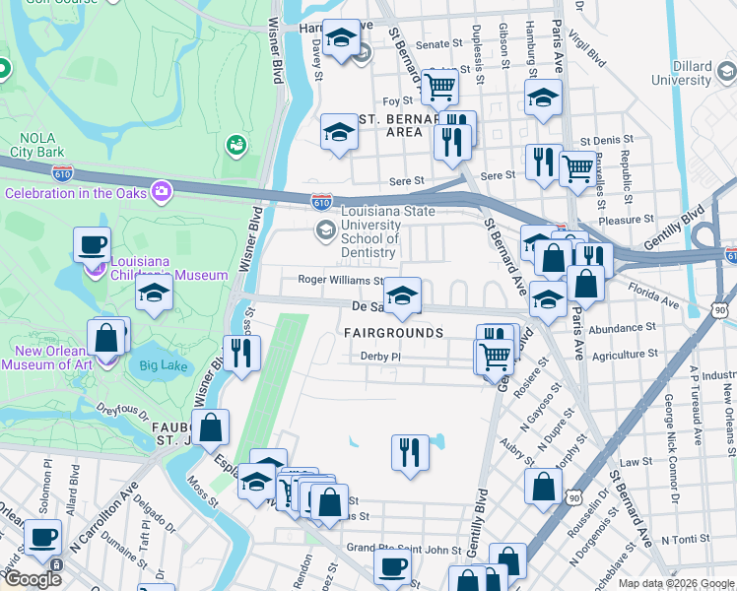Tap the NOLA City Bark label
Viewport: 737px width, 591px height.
tap(37, 146)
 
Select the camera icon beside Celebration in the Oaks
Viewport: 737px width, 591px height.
tap(161, 190)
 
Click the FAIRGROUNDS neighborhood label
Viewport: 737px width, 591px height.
tap(393, 334)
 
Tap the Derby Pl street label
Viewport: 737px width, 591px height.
tap(381, 357)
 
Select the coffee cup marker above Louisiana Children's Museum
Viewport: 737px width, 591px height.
tap(92, 243)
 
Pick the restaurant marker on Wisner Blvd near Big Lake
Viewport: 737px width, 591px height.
tap(241, 353)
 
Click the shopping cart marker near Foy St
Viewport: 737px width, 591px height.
tap(439, 87)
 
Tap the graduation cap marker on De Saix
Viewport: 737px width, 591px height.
tap(402, 295)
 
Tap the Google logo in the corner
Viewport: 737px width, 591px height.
tap(33, 579)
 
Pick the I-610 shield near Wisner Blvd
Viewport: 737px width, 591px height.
tap(320, 199)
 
